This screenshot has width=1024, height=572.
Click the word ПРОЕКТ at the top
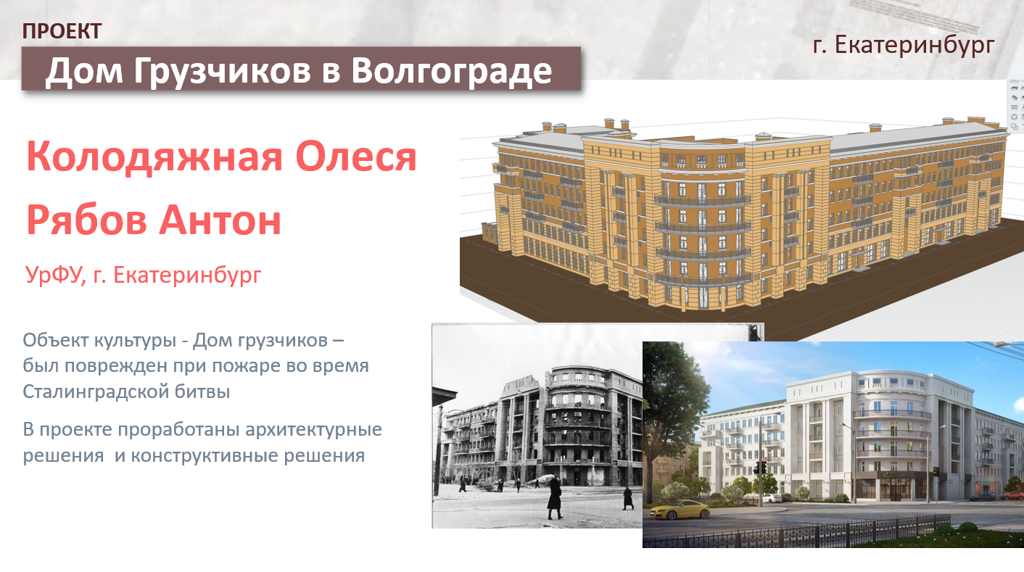[62, 31]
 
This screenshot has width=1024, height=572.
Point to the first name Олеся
[356, 157]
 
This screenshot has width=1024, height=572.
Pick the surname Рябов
[86, 220]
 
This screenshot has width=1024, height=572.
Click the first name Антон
[220, 220]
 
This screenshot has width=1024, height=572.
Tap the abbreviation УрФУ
[55, 275]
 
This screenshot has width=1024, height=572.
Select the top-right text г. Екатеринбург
[904, 45]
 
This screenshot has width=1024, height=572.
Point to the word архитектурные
[313, 430]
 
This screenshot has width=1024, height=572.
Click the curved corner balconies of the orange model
[702, 240]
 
